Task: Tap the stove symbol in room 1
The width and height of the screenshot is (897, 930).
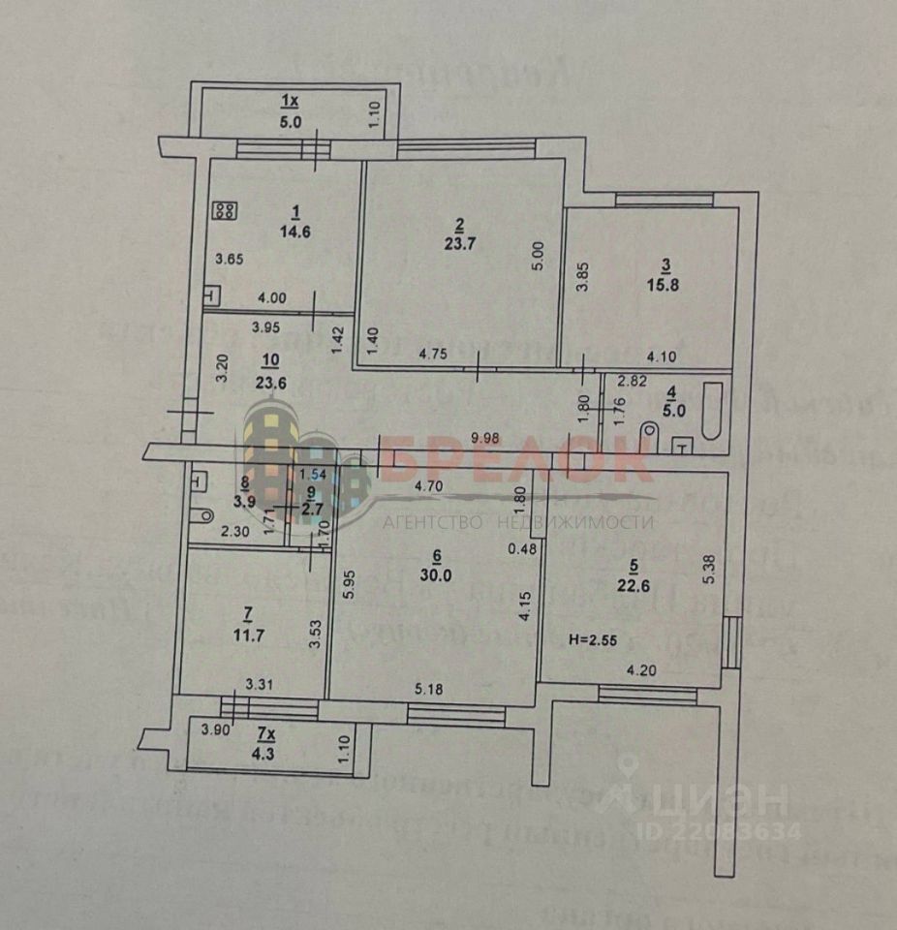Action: pyautogui.click(x=226, y=209)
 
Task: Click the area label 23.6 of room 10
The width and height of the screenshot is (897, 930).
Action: pyautogui.click(x=271, y=381)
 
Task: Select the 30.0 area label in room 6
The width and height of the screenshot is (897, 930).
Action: pyautogui.click(x=438, y=572)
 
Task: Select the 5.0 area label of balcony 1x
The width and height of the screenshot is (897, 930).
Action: pyautogui.click(x=292, y=122)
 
